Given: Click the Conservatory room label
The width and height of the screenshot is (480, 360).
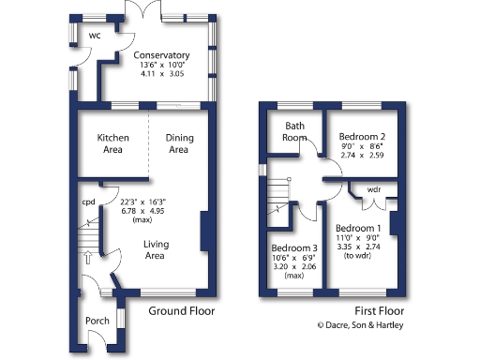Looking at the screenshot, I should point(161,54).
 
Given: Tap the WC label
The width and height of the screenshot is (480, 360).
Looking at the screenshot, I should point(95,36).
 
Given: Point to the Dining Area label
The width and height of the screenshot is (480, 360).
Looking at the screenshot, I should point(178,143).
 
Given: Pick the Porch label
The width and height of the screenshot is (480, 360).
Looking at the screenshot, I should point(97,321).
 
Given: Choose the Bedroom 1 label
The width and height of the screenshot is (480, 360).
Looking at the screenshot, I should point(358,229).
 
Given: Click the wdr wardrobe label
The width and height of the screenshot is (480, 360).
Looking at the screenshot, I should point(373,190).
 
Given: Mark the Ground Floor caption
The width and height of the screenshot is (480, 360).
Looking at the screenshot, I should point(183,311).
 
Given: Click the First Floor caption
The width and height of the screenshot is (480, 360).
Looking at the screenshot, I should point(381,311).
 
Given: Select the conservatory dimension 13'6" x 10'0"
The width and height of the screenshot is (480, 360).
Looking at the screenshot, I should point(161,66).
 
